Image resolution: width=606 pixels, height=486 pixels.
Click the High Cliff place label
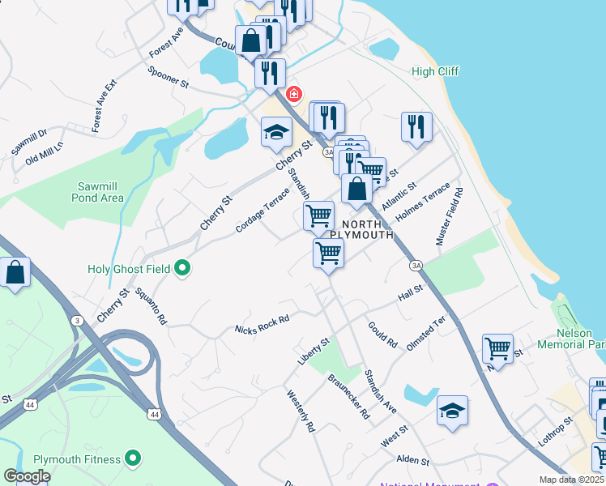pyautogui.click(x=435, y=71)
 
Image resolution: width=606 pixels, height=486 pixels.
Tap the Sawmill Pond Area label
pyautogui.click(x=97, y=191)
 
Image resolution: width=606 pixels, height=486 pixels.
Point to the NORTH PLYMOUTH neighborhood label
pyautogui.click(x=367, y=229)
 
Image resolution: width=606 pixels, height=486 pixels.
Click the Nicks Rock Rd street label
pyautogui.click(x=262, y=325)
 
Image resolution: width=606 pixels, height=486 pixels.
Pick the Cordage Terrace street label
pyautogui.click(x=262, y=209)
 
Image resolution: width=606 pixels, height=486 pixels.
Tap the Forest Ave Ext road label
pyautogui.click(x=105, y=106)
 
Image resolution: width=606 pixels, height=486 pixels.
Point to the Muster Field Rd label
pyautogui.click(x=449, y=217)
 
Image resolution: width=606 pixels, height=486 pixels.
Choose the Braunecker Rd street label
pyautogui.click(x=348, y=396)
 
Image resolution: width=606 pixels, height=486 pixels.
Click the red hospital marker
pyautogui.click(x=291, y=93)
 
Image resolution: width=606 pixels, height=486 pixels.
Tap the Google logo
pyautogui.click(x=27, y=476)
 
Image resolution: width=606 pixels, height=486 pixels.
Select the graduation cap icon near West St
pyautogui.click(x=452, y=411)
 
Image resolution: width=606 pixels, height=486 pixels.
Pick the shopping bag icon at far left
pyautogui.click(x=15, y=272)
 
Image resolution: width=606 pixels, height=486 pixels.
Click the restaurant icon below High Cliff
pyautogui.click(x=416, y=127)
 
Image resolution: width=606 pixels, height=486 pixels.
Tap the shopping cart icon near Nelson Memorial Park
pyautogui.click(x=497, y=349)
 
